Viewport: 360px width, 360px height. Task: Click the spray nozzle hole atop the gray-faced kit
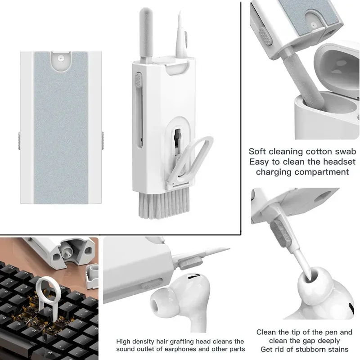(x=59, y=58)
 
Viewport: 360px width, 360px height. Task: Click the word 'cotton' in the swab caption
(x=320, y=152)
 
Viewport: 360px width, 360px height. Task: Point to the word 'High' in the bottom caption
(x=124, y=342)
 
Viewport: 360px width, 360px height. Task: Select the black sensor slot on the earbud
(x=192, y=278)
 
